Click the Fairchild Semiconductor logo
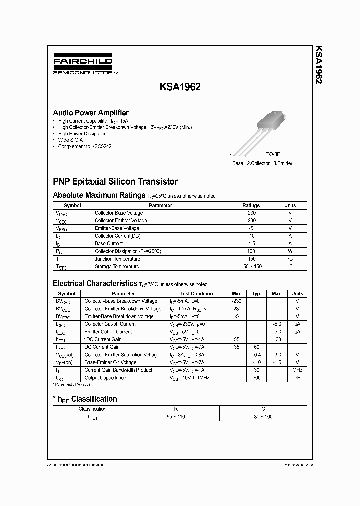pos(83,65)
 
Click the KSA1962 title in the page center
pos(180,86)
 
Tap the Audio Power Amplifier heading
pos(91,113)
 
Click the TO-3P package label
pos(273,155)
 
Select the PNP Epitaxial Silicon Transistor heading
pos(115,182)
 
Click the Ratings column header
pos(251,205)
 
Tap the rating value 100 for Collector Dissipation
pos(251,251)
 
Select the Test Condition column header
pos(196,294)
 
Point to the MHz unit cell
pos(297,370)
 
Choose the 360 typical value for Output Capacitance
pos(257,378)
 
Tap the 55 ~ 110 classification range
pos(176,416)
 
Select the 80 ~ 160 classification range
pos(263,416)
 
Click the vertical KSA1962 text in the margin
pos(318,65)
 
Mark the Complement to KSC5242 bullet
pos(85,147)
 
